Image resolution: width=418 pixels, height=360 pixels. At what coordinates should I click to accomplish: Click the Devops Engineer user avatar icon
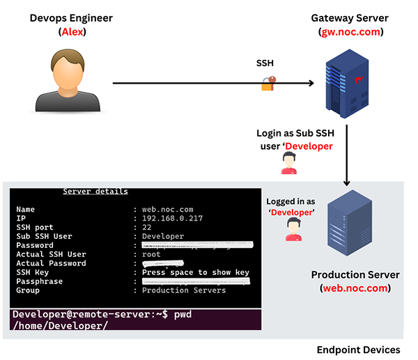[x=68, y=80]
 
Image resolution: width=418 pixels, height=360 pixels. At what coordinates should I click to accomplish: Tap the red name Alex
[x=70, y=32]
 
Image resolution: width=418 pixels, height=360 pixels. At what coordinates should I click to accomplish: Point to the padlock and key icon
[x=268, y=84]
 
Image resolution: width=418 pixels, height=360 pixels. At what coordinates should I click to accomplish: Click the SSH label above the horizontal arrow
[x=265, y=63]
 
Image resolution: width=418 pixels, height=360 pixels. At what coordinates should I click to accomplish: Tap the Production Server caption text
[x=355, y=274]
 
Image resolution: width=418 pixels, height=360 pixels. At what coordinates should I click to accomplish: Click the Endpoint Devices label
[x=358, y=350]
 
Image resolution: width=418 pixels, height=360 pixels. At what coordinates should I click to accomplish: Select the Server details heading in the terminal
[x=95, y=191]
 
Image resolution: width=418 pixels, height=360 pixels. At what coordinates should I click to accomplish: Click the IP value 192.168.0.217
[x=172, y=218]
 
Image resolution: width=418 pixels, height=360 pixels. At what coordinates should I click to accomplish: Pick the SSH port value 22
[x=147, y=227]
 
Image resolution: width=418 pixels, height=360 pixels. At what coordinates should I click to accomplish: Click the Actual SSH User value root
[x=152, y=254]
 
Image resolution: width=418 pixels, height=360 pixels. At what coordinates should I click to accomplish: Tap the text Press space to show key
[x=195, y=272]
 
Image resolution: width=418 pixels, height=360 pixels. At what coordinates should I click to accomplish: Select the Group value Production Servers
[x=184, y=290]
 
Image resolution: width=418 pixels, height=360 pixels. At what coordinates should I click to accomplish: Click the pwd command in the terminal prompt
[x=181, y=315]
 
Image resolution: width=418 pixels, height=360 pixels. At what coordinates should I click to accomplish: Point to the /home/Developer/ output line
[x=60, y=325]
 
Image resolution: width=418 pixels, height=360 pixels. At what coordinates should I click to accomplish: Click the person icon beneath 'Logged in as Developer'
[x=293, y=230]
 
